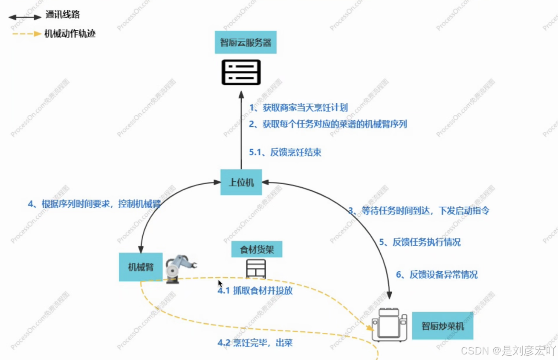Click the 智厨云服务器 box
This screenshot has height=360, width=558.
point(246,42)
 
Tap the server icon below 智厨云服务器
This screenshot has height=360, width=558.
point(241,72)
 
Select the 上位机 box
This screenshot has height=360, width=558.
point(241,182)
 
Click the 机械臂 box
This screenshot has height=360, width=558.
point(141,267)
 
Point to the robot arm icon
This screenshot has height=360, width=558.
point(179,268)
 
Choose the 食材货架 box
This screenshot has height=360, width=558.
point(257,250)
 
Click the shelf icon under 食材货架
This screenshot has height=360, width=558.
point(256,269)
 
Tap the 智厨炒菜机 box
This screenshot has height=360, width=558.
point(442,326)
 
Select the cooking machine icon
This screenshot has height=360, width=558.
point(389,325)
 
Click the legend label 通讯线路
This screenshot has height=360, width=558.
point(62,15)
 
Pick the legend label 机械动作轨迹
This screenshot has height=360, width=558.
point(70,34)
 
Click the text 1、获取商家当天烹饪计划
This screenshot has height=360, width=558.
point(298,107)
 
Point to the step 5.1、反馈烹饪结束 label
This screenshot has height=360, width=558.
point(285,152)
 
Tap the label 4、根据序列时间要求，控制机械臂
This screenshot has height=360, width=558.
point(94,204)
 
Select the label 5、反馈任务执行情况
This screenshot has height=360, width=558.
point(420,242)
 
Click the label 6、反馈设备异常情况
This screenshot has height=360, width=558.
point(437,274)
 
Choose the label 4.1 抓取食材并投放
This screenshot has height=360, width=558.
point(255,291)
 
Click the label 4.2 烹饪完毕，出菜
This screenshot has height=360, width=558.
point(255,343)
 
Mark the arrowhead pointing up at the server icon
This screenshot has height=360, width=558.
point(241,94)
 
